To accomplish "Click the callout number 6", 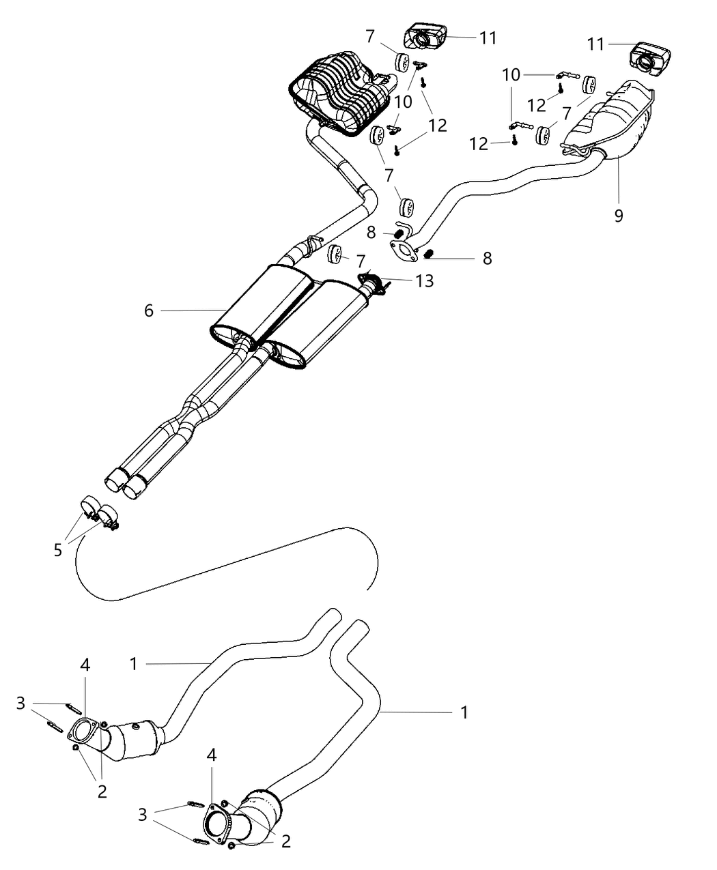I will [149, 311].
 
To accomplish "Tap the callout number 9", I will [619, 216].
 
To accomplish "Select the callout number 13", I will [424, 281].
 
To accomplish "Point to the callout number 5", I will [58, 549].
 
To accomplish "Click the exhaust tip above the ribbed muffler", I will [426, 35].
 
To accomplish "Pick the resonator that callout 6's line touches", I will [256, 304].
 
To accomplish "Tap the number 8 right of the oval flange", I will [487, 258].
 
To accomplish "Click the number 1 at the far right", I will [464, 712].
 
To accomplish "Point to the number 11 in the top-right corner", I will [595, 44].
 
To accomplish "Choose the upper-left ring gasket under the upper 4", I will [83, 733].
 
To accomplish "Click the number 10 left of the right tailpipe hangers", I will [511, 74].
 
